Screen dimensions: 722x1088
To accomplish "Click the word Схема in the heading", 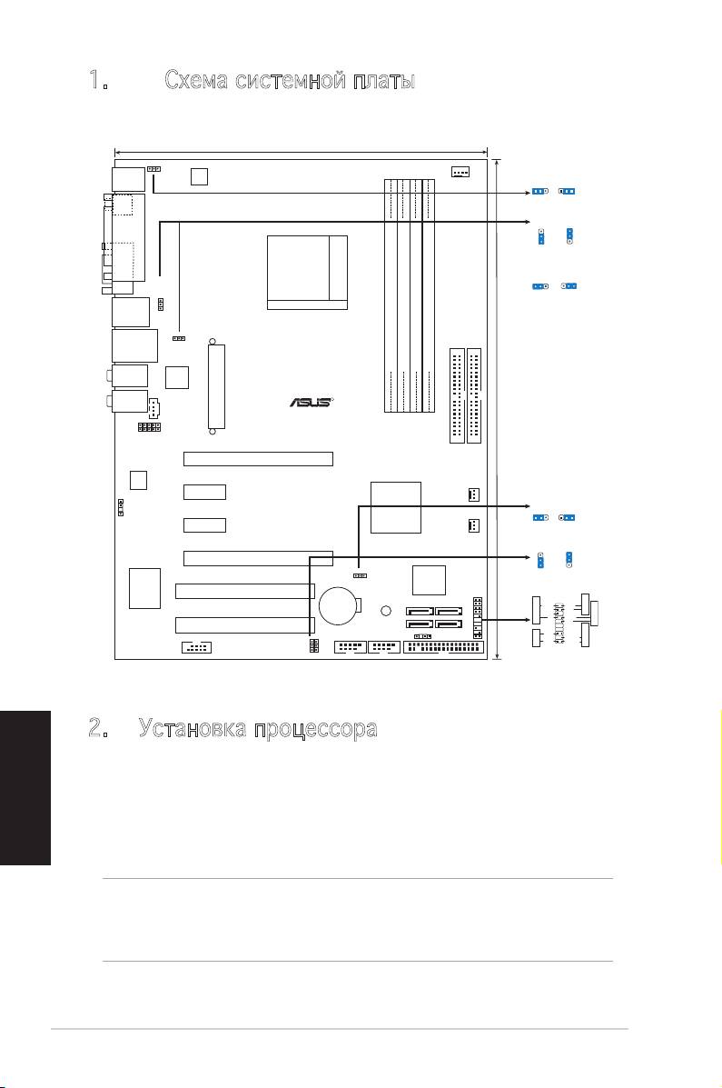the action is pyautogui.click(x=196, y=81).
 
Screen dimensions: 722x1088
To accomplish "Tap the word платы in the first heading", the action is pyautogui.click(x=384, y=81).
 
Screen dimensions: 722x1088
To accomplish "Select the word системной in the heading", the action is pyautogui.click(x=291, y=81).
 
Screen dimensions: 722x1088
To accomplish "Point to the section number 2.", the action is pyautogui.click(x=98, y=728).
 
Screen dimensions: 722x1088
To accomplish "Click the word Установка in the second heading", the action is pyautogui.click(x=193, y=729).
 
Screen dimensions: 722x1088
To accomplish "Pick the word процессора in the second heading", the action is pyautogui.click(x=315, y=730).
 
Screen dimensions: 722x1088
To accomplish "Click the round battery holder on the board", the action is pyautogui.click(x=340, y=606).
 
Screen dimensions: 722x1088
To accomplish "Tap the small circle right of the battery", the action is pyautogui.click(x=386, y=611).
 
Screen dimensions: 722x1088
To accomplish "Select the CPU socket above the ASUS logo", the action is pyautogui.click(x=307, y=272).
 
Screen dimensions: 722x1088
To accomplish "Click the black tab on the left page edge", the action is pyautogui.click(x=25, y=787).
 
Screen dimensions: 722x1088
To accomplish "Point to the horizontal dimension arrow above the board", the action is pyautogui.click(x=301, y=151).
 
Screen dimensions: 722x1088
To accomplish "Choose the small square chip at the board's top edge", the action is pyautogui.click(x=199, y=176).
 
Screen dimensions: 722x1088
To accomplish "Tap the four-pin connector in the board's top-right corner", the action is pyautogui.click(x=460, y=172).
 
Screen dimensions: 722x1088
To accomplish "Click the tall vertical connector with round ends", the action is pyautogui.click(x=216, y=386).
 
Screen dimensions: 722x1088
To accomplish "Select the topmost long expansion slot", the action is pyautogui.click(x=258, y=459).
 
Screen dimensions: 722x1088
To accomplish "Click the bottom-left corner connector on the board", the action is pyautogui.click(x=197, y=648).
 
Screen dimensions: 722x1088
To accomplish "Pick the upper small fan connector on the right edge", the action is pyautogui.click(x=474, y=494).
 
